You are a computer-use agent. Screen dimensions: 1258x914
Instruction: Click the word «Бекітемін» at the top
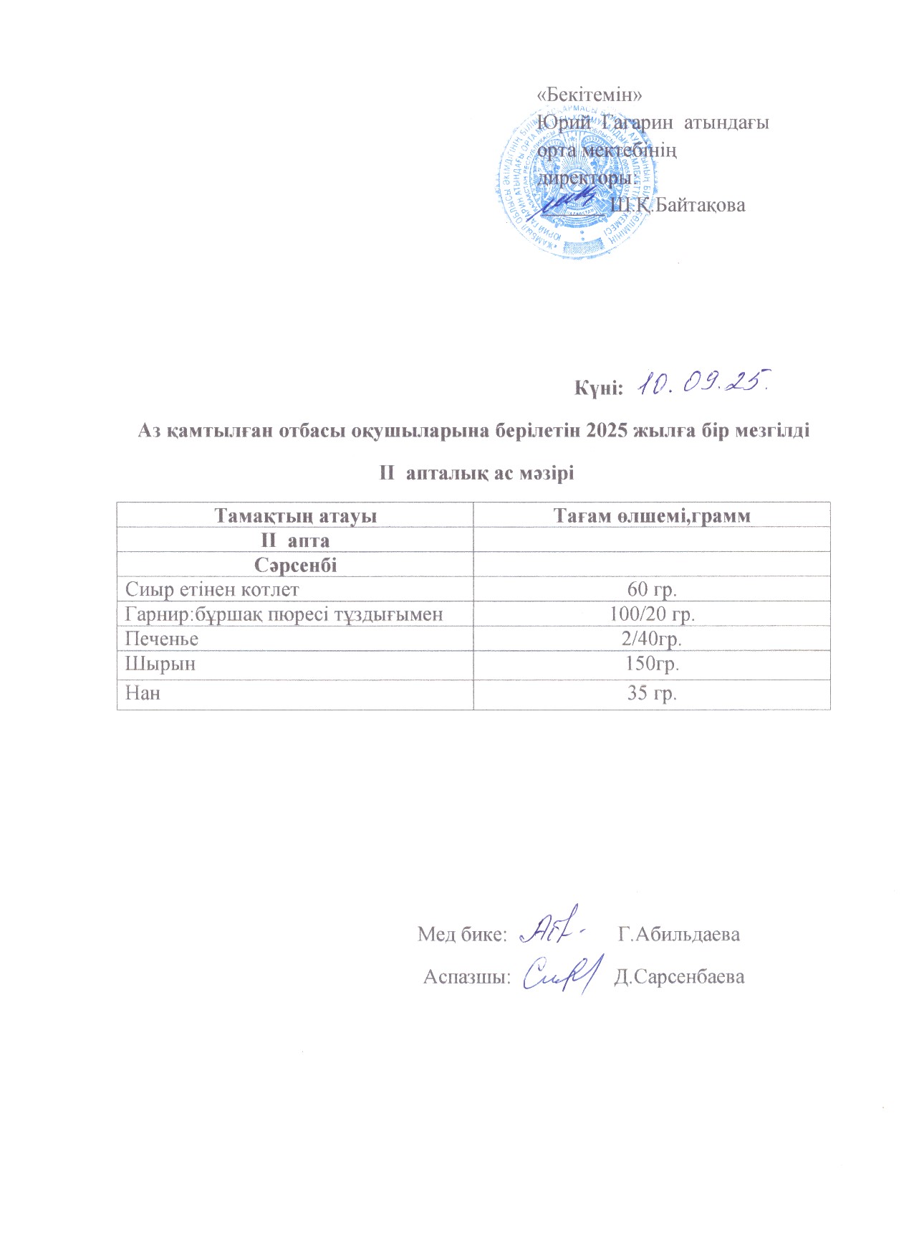tap(589, 95)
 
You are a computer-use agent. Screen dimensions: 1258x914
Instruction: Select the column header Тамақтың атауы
tap(295, 515)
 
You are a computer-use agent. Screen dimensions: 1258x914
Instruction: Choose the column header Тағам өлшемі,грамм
tap(652, 515)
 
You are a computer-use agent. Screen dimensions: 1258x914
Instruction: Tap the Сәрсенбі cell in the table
tap(295, 565)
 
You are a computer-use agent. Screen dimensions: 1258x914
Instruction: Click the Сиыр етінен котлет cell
tap(212, 590)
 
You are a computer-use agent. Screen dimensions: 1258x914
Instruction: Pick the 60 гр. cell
tap(652, 590)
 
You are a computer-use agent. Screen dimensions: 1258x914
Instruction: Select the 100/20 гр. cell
tap(652, 614)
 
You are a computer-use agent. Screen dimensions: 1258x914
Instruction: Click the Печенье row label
tap(162, 639)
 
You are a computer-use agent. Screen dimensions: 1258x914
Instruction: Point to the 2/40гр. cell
tap(652, 639)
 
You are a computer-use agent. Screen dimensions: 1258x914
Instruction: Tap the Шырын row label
tap(160, 664)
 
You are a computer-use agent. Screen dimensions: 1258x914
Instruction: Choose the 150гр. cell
tap(652, 664)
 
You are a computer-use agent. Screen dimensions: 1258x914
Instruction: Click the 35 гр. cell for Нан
tap(652, 693)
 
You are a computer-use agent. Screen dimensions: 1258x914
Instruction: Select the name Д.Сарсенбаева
tap(679, 977)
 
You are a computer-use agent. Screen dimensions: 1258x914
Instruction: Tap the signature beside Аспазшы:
tap(559, 973)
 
